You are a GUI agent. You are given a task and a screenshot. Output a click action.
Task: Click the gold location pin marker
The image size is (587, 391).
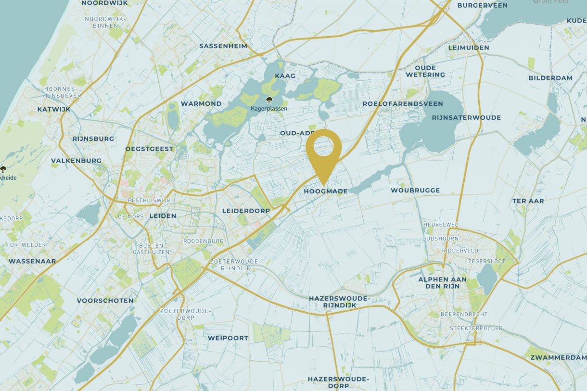point(323,151)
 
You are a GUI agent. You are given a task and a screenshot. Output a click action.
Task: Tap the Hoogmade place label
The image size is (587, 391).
point(325,191)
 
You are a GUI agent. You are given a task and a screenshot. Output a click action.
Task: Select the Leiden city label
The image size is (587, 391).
point(163,216)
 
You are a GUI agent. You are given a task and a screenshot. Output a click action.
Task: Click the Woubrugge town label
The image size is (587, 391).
point(415,190)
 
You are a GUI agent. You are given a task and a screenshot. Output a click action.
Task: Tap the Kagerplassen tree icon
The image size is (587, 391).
point(269,100)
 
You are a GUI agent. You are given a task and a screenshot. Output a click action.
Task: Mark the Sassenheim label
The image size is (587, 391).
point(223,46)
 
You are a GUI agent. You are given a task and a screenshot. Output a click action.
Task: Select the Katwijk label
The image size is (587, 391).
point(54,110)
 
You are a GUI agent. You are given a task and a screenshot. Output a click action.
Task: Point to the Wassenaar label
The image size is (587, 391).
point(32,261)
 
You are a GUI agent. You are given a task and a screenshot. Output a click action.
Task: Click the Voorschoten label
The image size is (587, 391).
point(105,301)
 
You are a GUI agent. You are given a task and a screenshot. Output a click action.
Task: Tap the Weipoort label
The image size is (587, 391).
point(228,338)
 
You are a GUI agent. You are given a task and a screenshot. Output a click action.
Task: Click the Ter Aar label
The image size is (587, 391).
point(528,201)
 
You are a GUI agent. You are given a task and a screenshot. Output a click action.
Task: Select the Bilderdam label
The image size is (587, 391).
point(550,78)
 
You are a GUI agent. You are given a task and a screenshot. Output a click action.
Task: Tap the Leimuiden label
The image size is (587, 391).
point(468,48)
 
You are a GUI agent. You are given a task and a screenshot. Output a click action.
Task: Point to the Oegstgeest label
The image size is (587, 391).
point(149,149)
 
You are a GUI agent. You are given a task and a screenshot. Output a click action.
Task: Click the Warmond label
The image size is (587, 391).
point(201,103)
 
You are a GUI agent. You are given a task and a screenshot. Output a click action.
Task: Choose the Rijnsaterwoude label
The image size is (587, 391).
point(466,118)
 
